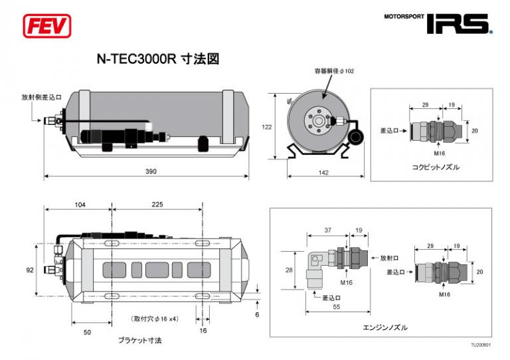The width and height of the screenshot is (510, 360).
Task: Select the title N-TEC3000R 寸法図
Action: pos(158,59)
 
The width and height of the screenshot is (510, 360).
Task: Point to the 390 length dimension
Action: pos(151,172)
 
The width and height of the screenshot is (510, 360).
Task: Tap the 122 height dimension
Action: pos(266,126)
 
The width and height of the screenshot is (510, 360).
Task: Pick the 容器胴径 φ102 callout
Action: pos(334,70)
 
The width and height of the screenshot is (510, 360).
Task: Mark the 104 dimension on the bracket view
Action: pos(80,205)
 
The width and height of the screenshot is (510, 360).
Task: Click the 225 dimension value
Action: pos(157,205)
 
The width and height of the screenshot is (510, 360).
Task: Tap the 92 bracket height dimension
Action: pos(31,270)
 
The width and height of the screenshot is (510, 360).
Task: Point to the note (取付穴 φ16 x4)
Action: pos(153,319)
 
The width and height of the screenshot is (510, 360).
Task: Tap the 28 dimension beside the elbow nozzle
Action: pos(288,270)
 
